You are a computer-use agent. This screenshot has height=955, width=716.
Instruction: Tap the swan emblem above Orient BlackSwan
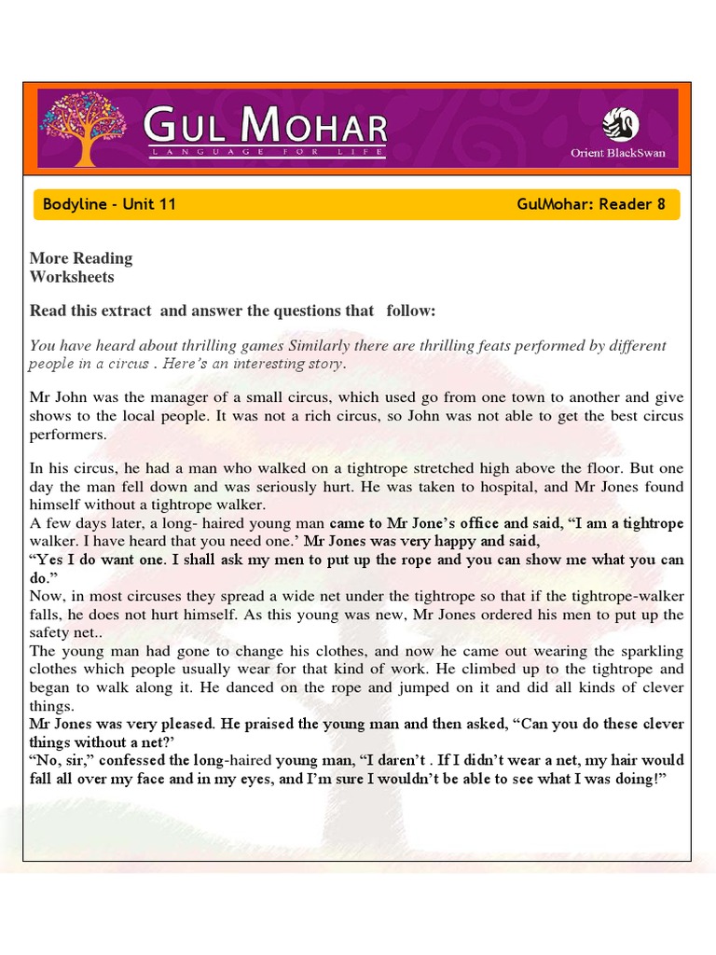[620, 123]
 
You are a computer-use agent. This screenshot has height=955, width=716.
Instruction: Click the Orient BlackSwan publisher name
[618, 153]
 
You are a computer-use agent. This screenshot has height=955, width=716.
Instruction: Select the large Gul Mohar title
[266, 125]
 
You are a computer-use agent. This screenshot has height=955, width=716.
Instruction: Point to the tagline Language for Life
[266, 151]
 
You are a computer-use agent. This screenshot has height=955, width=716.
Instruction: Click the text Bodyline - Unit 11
[109, 204]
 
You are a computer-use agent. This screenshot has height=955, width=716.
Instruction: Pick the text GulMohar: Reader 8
[591, 204]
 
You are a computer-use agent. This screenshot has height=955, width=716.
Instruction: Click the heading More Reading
[81, 258]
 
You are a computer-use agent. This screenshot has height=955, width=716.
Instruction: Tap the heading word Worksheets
[72, 277]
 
